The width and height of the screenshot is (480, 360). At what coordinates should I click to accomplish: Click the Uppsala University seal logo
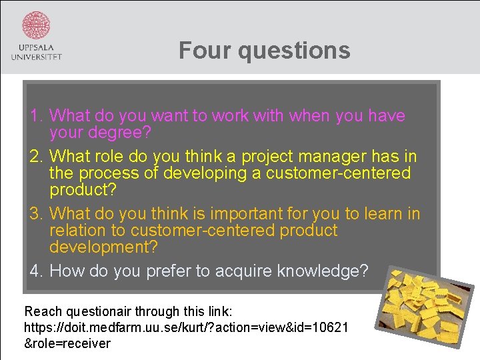tap(36, 25)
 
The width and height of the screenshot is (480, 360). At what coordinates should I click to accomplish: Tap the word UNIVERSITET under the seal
tap(36, 57)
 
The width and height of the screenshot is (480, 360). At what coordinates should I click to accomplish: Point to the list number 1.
tap(36, 116)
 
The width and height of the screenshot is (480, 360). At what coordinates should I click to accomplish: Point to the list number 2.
tap(36, 157)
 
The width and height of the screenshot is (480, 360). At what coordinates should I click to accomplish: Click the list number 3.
tap(36, 214)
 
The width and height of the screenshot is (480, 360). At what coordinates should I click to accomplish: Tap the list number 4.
tap(36, 271)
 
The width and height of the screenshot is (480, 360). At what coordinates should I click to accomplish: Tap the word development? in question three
tap(103, 247)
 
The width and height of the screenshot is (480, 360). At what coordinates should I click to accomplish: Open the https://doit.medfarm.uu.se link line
tap(185, 327)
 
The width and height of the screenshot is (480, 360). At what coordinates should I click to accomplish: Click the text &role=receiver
tap(67, 343)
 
